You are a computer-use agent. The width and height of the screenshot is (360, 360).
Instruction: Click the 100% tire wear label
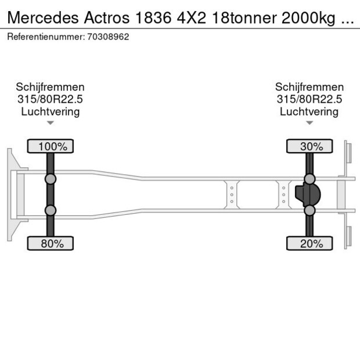pos(51,146)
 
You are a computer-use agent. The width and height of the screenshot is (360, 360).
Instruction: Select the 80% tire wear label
pos(51,243)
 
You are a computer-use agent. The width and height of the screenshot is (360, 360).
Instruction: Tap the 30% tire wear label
pos(309,146)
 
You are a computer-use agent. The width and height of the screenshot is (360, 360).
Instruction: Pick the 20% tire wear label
pos(309,243)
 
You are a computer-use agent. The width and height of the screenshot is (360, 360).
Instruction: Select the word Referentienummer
pos(45,37)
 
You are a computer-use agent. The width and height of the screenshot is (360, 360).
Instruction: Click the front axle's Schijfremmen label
pos(51,87)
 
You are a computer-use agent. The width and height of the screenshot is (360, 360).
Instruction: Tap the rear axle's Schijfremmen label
pos(309,87)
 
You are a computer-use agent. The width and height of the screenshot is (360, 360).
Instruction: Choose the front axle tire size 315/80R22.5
pos(51,99)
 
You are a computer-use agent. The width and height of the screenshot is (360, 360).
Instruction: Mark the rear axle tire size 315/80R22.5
pos(309,99)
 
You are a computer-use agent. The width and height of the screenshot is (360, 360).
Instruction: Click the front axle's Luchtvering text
pos(51,111)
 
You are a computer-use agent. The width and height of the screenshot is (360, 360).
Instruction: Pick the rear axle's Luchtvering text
pos(309,111)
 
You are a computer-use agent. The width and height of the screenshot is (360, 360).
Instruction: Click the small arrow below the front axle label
pos(51,123)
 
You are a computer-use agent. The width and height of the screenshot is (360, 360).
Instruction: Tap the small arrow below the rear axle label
pos(309,123)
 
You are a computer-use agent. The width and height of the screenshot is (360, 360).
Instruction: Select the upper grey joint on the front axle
pos(51,179)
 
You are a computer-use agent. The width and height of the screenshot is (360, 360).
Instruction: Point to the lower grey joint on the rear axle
pos(309,211)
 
